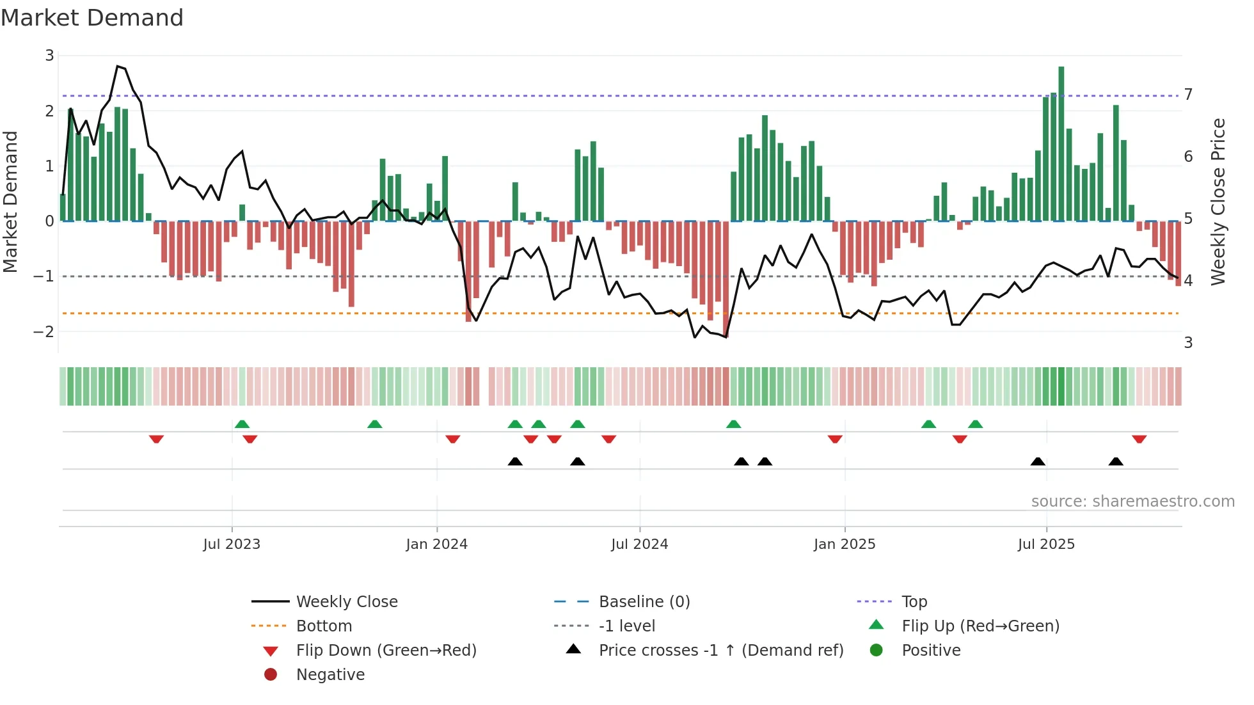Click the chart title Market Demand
[92, 18]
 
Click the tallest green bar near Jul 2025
[1061, 144]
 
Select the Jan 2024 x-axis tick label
[436, 544]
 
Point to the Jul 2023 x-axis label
[232, 544]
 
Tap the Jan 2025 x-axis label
[844, 544]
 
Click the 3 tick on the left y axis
[49, 56]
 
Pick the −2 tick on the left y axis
[44, 331]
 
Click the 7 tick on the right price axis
[1188, 95]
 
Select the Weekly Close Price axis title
[1218, 202]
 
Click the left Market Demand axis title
[10, 202]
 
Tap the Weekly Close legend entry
[346, 601]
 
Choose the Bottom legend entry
[324, 626]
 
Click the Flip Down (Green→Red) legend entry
[386, 650]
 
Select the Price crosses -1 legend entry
[720, 650]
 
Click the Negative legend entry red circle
[271, 674]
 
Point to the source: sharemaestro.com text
[1132, 501]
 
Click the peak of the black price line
[117, 66]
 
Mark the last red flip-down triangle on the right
[1139, 439]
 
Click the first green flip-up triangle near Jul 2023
[242, 424]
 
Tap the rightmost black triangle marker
[1116, 461]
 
